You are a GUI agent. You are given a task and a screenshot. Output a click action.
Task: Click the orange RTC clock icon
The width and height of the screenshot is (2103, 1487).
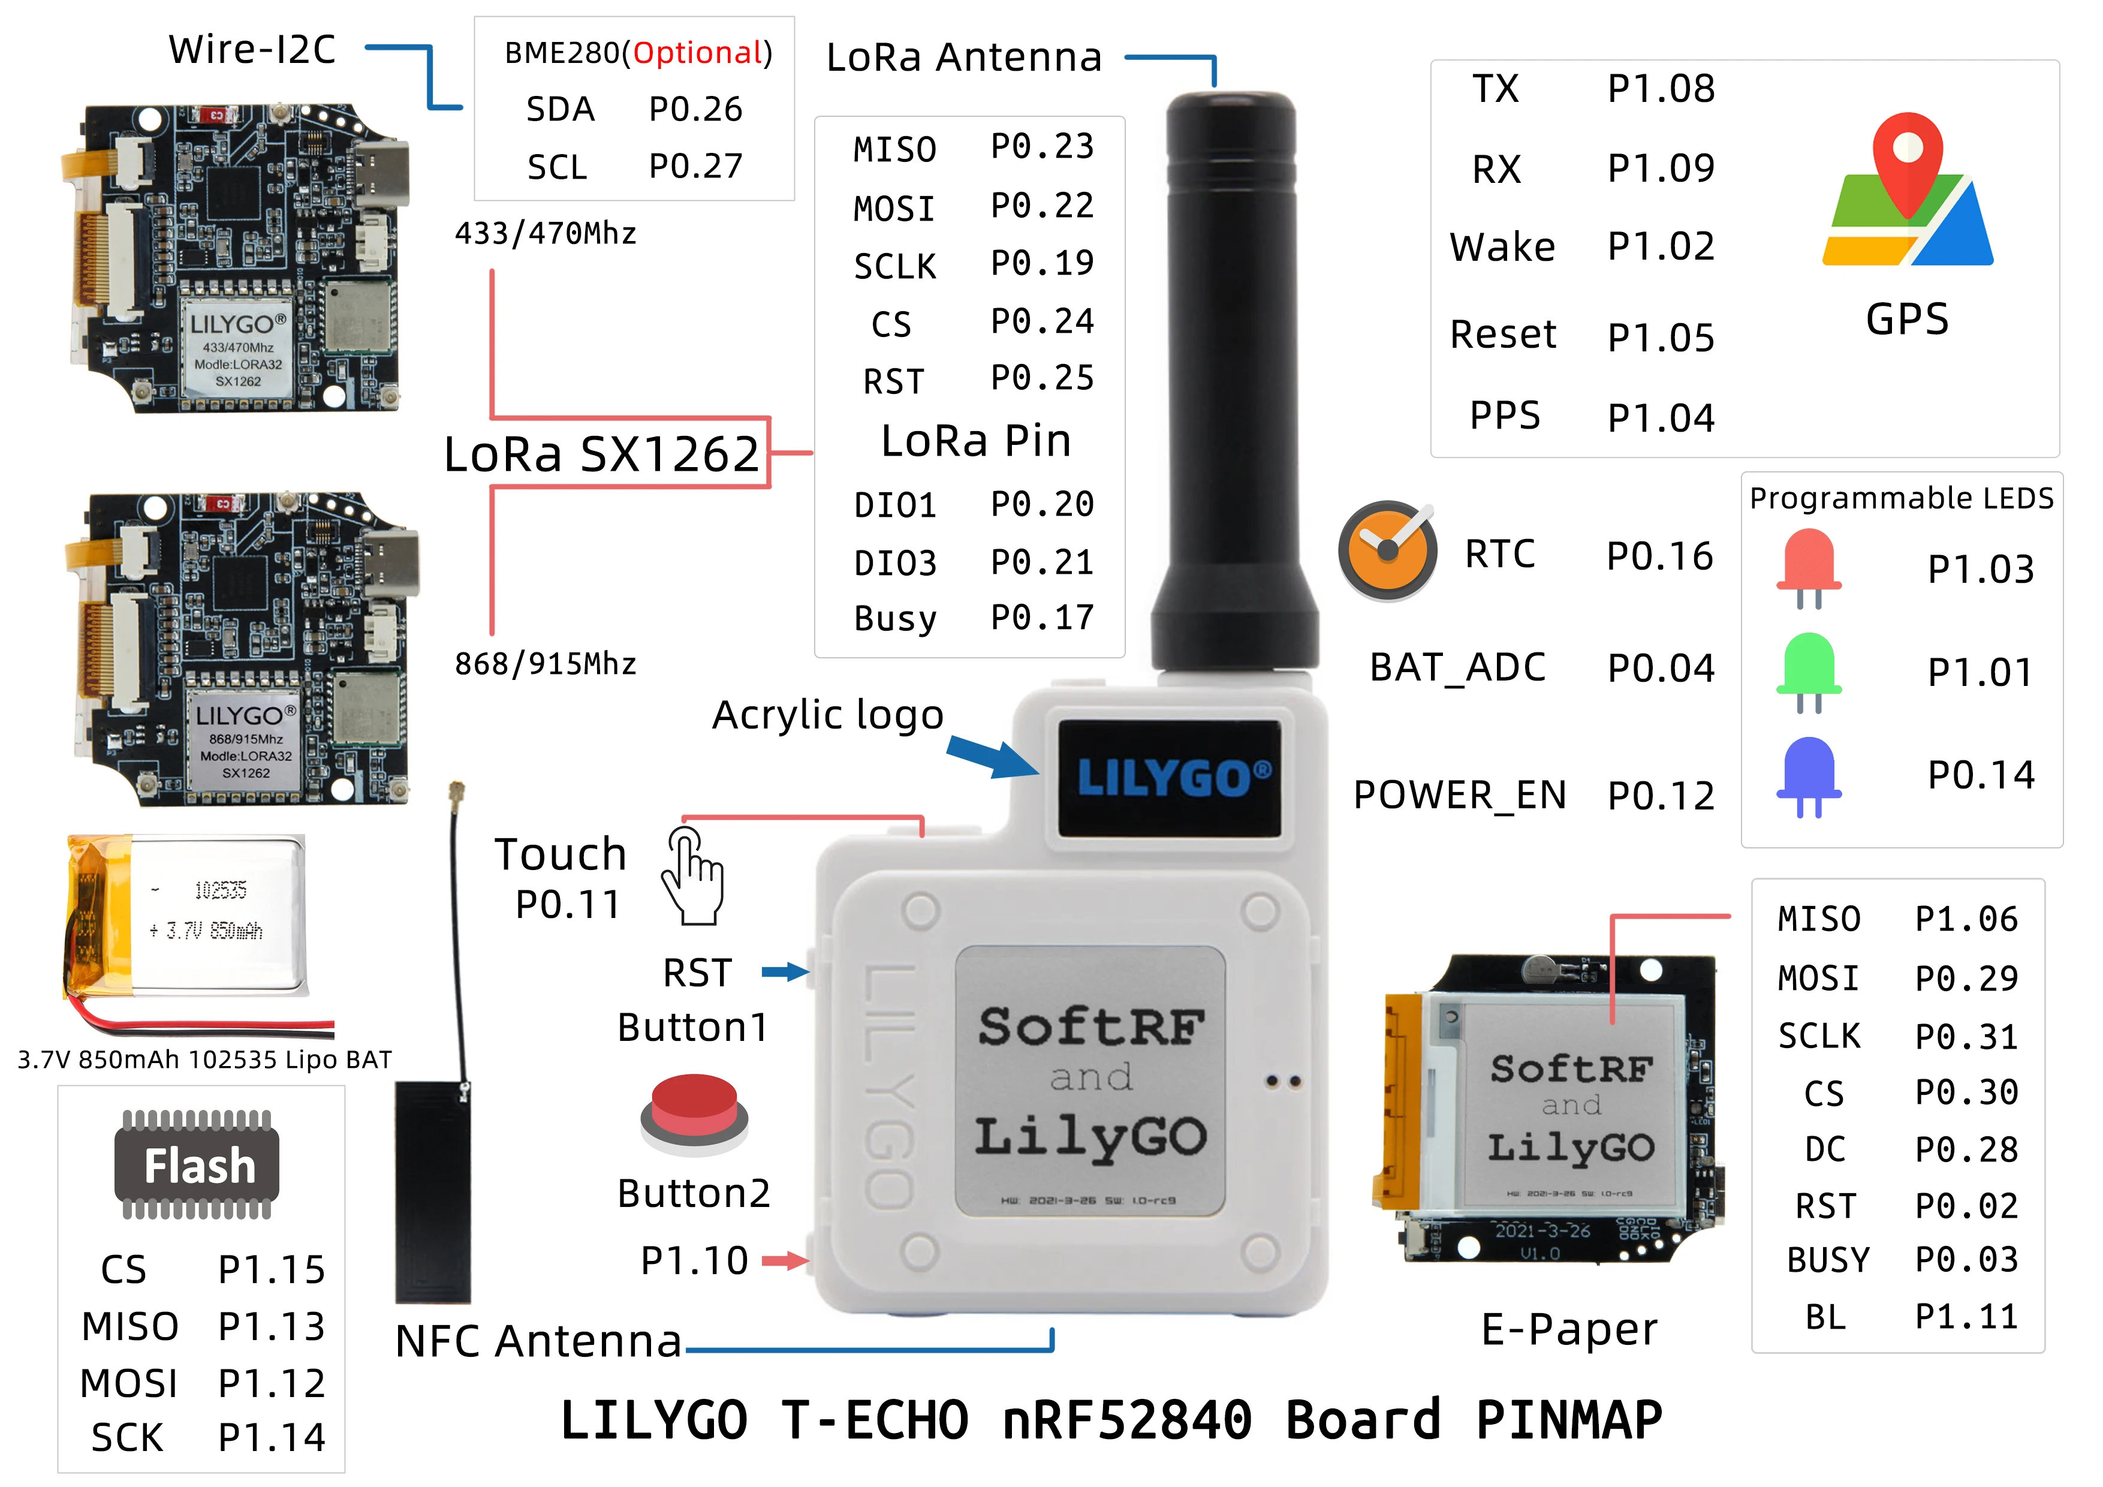click(x=1387, y=550)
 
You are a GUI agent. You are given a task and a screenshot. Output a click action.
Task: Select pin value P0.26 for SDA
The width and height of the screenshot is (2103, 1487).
click(x=695, y=109)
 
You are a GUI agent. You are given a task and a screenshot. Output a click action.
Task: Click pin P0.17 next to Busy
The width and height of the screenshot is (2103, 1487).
click(x=1043, y=618)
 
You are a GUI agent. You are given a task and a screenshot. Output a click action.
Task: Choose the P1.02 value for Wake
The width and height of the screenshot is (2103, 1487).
click(x=1661, y=246)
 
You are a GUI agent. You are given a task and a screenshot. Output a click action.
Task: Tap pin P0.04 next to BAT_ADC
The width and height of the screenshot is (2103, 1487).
click(x=1661, y=668)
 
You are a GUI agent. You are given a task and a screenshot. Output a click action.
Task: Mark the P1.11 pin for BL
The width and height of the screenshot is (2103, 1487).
click(x=1966, y=1317)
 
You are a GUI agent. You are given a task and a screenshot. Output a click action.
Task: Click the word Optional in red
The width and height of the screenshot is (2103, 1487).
click(x=698, y=53)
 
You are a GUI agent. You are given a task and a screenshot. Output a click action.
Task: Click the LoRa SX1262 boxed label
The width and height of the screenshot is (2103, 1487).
click(x=602, y=453)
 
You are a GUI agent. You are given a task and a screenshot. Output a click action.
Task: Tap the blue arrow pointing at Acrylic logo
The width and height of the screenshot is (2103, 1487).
click(x=992, y=756)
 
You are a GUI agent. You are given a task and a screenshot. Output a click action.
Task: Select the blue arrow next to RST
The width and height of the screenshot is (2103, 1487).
click(x=786, y=972)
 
